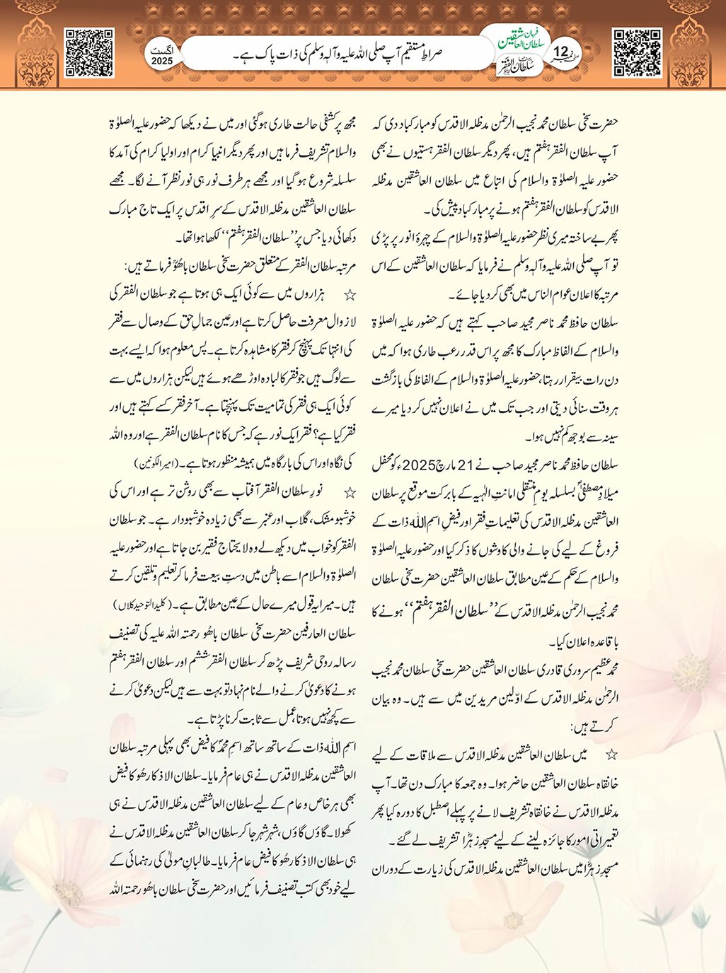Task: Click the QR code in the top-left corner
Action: click(89, 52)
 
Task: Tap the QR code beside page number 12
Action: click(637, 52)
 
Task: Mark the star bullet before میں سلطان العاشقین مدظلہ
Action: click(611, 756)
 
